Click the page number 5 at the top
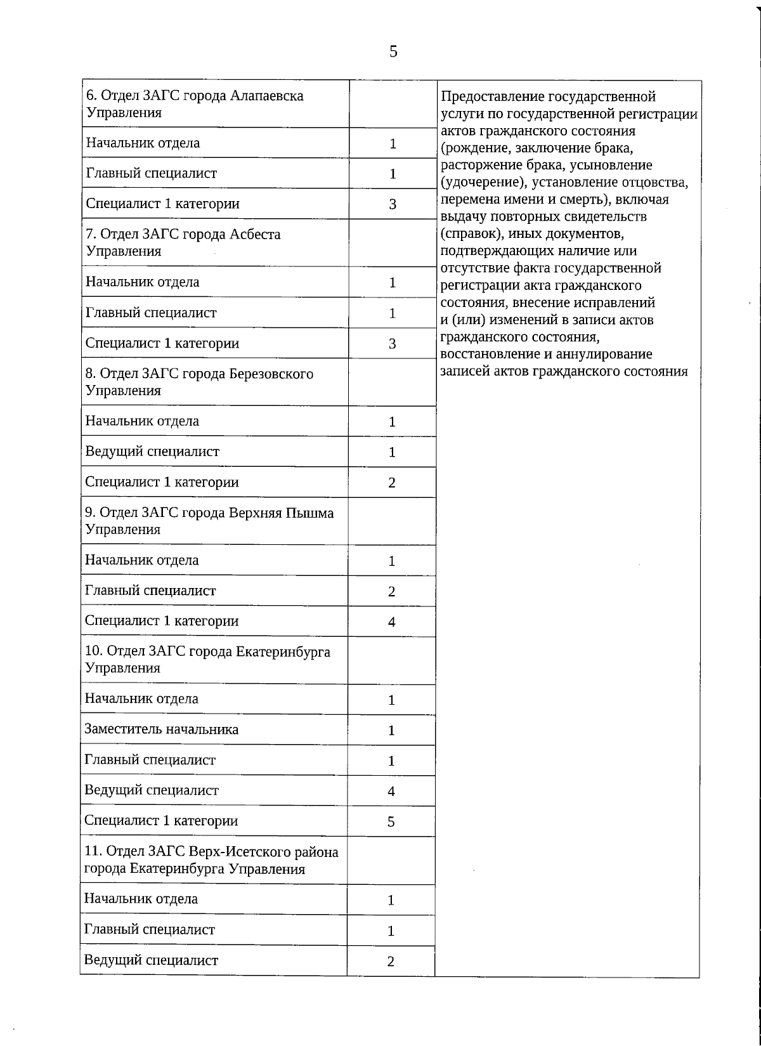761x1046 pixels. coord(393,51)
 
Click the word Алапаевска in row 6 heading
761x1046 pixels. coord(267,96)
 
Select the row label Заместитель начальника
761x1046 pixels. coord(161,729)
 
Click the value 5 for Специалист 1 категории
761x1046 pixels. coord(391,821)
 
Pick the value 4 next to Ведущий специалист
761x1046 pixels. coord(391,791)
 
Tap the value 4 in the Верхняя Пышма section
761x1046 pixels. coord(392,622)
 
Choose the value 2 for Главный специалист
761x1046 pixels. coord(392,591)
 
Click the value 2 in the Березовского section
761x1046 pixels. coord(392,483)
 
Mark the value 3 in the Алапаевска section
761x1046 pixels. coord(393,204)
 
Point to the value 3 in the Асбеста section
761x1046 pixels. coord(393,344)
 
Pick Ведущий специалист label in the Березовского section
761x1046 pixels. coord(152,452)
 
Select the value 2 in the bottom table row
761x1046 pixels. coord(391,961)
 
